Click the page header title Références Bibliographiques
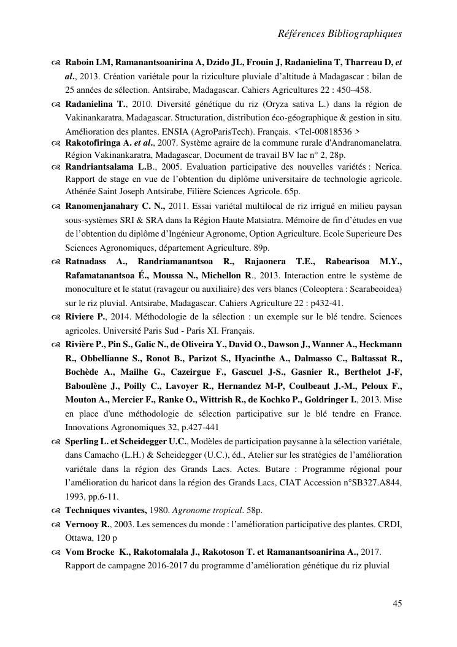340,33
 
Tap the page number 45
397,603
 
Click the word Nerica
388,167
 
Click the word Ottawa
79,537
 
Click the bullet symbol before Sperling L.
56,442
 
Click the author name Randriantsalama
101,167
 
